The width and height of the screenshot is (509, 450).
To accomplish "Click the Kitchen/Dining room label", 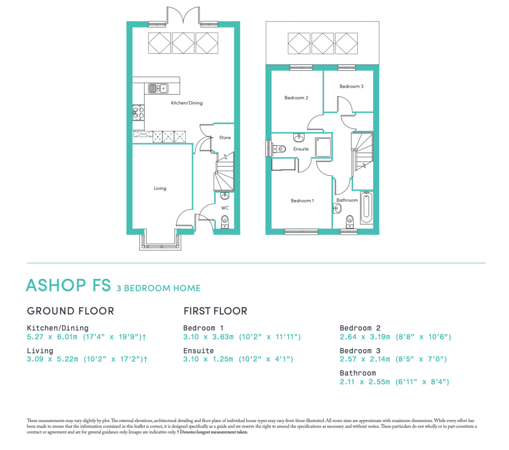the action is [x=187, y=103].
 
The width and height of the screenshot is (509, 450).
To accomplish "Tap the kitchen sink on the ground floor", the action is [x=158, y=88].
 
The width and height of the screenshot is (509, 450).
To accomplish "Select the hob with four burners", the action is [x=138, y=113].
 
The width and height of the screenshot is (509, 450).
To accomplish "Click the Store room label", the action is [x=224, y=138].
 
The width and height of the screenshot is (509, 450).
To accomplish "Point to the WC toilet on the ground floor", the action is [x=225, y=222].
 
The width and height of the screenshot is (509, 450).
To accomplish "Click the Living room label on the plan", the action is [x=160, y=189].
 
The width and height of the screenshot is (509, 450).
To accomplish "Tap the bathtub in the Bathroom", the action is [x=366, y=207].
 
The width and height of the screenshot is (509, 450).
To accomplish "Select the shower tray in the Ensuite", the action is [x=323, y=147].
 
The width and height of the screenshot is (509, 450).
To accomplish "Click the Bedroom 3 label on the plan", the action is [x=352, y=87].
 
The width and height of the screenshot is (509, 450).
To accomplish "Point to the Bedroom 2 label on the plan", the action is [x=296, y=98].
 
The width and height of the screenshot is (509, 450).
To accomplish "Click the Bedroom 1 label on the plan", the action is [x=302, y=201].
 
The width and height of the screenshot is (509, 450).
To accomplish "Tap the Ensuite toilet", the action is [x=279, y=149].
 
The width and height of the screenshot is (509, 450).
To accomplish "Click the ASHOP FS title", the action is [x=69, y=285].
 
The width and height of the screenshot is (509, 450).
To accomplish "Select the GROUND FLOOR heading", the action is [x=70, y=311].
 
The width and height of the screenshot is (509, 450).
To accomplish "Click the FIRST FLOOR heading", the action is [x=215, y=311].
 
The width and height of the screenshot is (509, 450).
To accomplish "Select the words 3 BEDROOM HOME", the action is [x=159, y=288].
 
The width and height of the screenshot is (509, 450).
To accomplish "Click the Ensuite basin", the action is [x=299, y=138].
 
